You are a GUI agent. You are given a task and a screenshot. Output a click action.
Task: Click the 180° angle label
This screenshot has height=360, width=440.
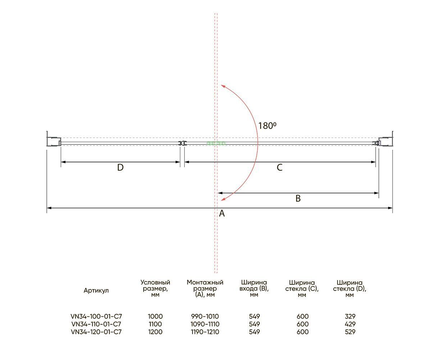[267, 126]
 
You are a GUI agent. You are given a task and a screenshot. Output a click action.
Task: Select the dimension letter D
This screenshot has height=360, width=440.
[121, 167]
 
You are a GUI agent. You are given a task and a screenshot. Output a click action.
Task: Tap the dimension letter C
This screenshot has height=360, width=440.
[280, 167]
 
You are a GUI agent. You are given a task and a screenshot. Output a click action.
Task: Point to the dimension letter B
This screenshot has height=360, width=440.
[298, 198]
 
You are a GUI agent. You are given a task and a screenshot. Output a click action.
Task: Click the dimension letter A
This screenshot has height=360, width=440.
[222, 213]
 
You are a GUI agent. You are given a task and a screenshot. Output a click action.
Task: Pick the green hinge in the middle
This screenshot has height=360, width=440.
[216, 143]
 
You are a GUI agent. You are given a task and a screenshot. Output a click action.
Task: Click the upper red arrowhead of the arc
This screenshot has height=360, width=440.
[223, 86]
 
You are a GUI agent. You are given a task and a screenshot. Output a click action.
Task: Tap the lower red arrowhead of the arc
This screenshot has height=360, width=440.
[223, 199]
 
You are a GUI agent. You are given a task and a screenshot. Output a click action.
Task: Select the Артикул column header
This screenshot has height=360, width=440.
[96, 291]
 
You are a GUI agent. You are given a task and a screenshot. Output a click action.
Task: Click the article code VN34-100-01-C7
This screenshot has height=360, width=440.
[96, 316]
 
